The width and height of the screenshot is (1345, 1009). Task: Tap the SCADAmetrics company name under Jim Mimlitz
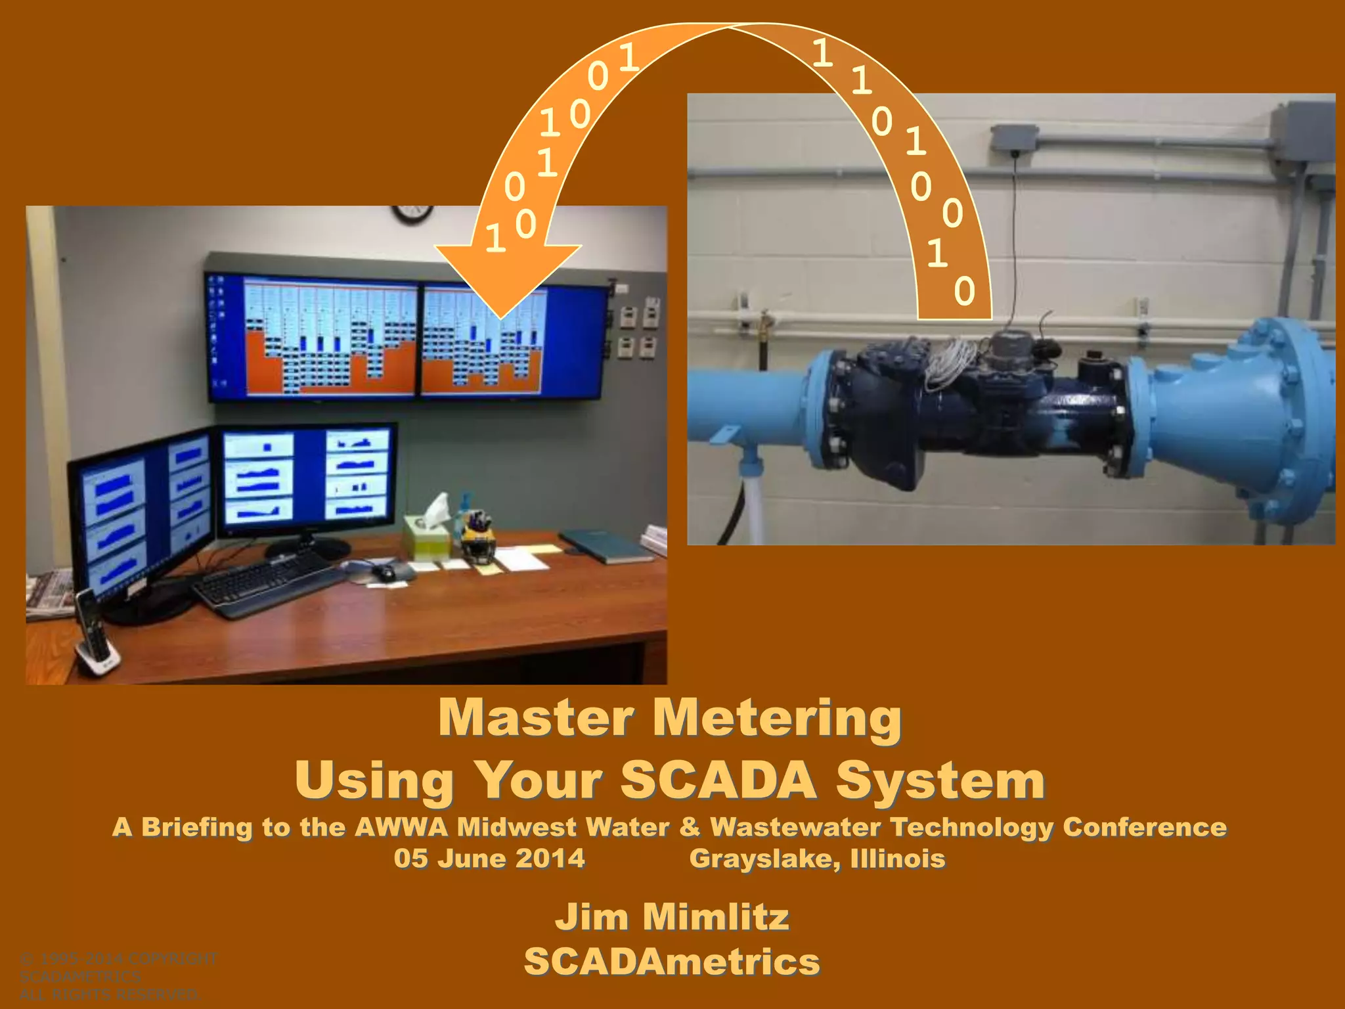[672, 962]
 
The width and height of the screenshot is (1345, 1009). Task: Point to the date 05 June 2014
[489, 859]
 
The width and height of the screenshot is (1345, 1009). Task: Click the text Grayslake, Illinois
[817, 859]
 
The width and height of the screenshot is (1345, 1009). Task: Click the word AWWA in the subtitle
[401, 827]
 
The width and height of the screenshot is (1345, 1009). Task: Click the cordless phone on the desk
[94, 634]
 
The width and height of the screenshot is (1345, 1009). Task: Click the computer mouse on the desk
[384, 572]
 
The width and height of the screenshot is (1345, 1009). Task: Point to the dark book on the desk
[606, 547]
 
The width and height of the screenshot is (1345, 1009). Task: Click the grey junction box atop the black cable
[1013, 139]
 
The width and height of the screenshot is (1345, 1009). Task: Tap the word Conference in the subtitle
[1145, 827]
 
